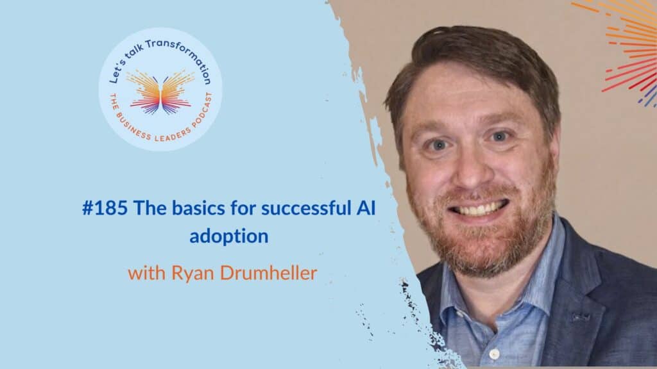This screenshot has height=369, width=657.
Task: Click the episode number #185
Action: point(105,208)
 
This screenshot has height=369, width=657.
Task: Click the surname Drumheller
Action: point(269,273)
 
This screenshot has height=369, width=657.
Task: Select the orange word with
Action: point(147,273)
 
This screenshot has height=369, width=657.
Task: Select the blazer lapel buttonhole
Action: point(581,318)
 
